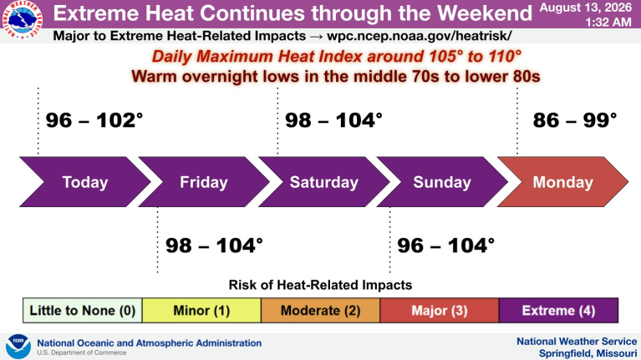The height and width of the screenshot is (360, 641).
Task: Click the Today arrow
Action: [85, 182]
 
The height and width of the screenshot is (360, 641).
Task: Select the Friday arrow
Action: [204, 182]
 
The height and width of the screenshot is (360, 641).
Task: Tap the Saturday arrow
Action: [323, 182]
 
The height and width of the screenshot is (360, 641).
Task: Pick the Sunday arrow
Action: [442, 182]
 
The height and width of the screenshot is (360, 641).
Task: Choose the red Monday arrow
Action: [562, 182]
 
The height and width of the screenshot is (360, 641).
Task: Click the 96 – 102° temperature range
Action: [94, 120]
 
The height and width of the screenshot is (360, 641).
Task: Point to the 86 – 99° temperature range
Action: [575, 120]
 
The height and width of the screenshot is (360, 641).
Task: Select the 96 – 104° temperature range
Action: [446, 246]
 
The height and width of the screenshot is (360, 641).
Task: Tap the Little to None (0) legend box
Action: [83, 311]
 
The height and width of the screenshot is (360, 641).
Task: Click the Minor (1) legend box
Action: [201, 311]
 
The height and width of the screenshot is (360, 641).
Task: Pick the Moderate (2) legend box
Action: [321, 311]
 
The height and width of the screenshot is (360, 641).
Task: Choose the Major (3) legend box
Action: [440, 311]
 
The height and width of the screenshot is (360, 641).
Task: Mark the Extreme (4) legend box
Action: [558, 311]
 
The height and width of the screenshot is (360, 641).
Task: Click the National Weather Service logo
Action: [23, 19]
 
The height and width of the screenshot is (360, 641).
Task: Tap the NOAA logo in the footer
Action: [18, 347]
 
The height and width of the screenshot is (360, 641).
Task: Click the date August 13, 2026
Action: [586, 8]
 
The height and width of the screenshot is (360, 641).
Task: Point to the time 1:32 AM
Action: [608, 22]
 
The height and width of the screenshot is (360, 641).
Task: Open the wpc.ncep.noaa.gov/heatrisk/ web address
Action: [419, 36]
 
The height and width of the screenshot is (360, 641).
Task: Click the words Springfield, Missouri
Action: [588, 353]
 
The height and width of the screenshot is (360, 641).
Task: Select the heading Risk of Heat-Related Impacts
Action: [320, 285]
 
